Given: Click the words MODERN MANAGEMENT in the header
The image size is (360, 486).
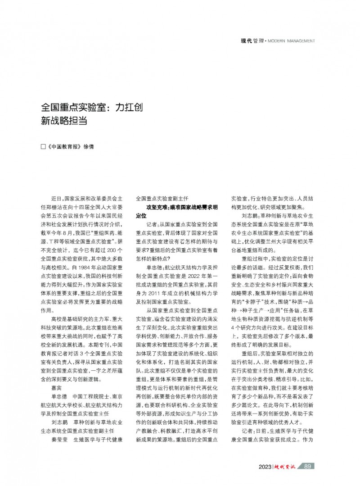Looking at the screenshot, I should pos(292,41).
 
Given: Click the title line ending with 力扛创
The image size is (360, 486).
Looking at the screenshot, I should pos(92,108).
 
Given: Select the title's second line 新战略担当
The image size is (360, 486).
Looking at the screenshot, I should pos(64,121).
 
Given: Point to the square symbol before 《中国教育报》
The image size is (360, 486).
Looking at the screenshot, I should pos(43,147).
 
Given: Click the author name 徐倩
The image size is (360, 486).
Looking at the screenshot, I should pos(89,147).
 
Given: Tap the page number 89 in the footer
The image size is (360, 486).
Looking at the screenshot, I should pos(308,466).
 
